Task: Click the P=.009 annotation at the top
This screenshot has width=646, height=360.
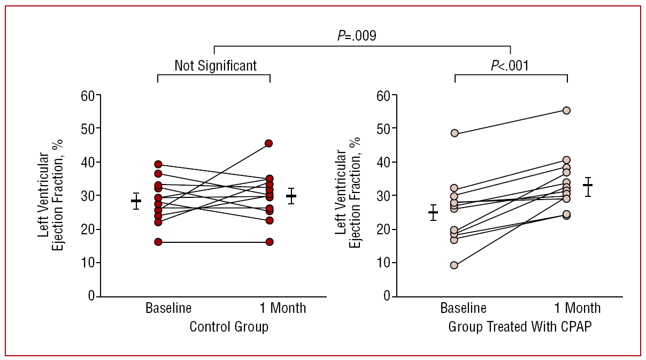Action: click(x=357, y=36)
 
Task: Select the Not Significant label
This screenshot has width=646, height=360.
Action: click(x=216, y=65)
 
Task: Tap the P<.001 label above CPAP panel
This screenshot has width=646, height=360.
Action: click(x=511, y=65)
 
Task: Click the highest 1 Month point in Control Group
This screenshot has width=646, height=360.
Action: click(x=269, y=143)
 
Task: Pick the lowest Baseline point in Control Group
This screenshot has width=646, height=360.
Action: click(x=158, y=242)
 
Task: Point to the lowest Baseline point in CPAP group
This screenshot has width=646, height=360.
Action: click(x=455, y=265)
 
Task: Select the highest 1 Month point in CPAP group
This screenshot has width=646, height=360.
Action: click(x=566, y=110)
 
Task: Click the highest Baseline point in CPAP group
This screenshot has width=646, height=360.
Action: click(x=455, y=133)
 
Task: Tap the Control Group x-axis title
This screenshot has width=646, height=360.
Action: click(x=229, y=327)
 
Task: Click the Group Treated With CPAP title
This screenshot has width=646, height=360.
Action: click(x=520, y=327)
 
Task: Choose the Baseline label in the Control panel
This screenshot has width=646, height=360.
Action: click(x=168, y=308)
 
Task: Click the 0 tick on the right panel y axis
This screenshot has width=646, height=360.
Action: click(x=387, y=296)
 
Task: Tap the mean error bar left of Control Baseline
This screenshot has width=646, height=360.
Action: click(x=136, y=201)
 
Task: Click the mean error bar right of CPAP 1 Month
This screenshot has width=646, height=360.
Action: click(x=588, y=185)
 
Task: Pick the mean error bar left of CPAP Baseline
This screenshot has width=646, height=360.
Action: click(x=433, y=212)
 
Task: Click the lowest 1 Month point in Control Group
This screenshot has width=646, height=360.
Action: click(x=269, y=242)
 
